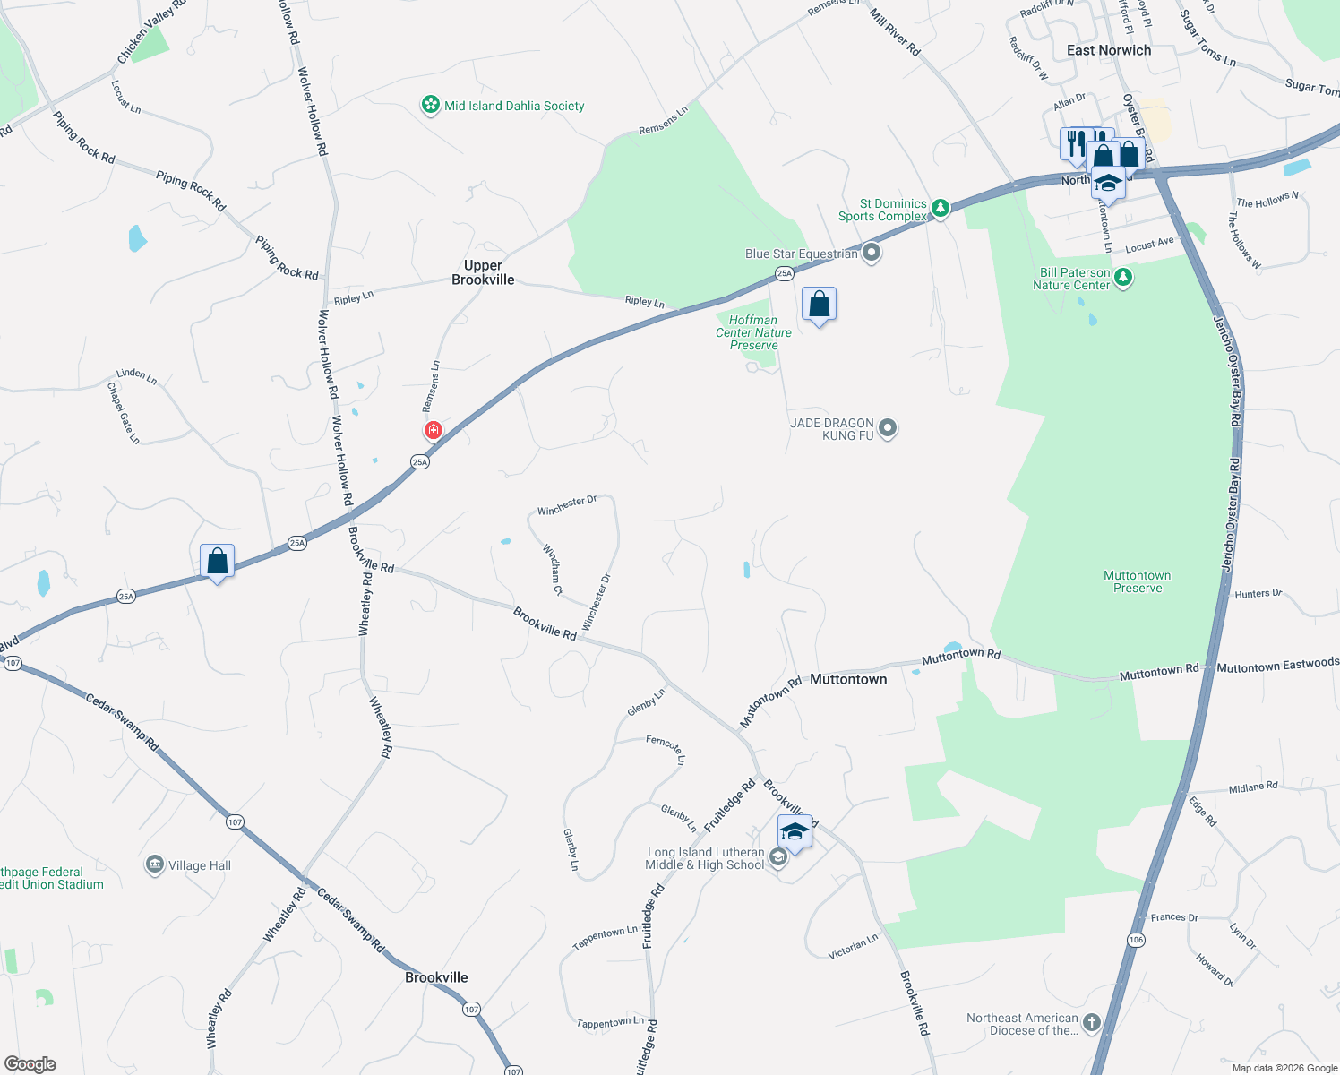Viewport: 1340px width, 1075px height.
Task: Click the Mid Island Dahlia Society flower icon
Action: pyautogui.click(x=431, y=106)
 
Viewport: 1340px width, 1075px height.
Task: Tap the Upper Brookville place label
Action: pyautogui.click(x=483, y=272)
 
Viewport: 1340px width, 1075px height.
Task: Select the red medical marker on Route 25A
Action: pyautogui.click(x=434, y=430)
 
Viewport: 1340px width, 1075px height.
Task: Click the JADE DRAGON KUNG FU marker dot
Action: pyautogui.click(x=888, y=428)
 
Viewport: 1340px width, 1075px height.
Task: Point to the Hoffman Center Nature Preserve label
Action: pyautogui.click(x=753, y=332)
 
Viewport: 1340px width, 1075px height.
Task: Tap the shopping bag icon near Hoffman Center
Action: pyautogui.click(x=819, y=305)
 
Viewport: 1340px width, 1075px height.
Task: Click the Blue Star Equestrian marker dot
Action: pyautogui.click(x=872, y=253)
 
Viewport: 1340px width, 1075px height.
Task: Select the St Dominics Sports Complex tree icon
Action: pyautogui.click(x=940, y=209)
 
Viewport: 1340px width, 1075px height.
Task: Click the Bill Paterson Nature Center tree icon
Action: pyautogui.click(x=1123, y=279)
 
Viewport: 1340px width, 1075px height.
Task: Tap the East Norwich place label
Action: pyautogui.click(x=1109, y=50)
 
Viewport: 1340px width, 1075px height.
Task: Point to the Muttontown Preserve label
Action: pyautogui.click(x=1138, y=581)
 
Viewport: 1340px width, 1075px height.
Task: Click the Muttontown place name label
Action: pyautogui.click(x=848, y=679)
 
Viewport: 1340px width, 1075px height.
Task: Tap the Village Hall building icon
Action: pyautogui.click(x=155, y=864)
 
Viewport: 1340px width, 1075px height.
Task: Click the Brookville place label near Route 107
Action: pyautogui.click(x=436, y=977)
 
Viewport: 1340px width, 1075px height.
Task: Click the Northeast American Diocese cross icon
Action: pyautogui.click(x=1091, y=1022)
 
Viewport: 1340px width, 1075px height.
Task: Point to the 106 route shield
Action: pyautogui.click(x=1136, y=939)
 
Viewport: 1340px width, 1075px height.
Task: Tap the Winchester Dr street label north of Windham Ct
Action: pyautogui.click(x=566, y=505)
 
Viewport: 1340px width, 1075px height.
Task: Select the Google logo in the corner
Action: pyautogui.click(x=30, y=1064)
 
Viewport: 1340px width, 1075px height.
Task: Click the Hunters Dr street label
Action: pyautogui.click(x=1258, y=593)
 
